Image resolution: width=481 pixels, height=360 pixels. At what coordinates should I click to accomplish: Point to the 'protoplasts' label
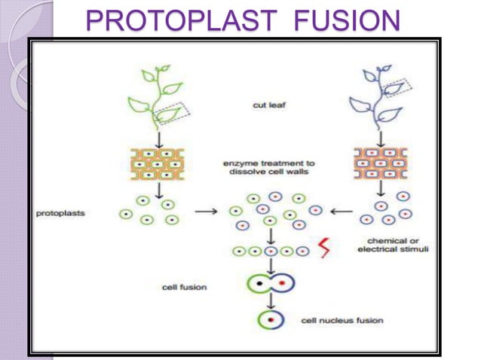pos(61,214)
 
